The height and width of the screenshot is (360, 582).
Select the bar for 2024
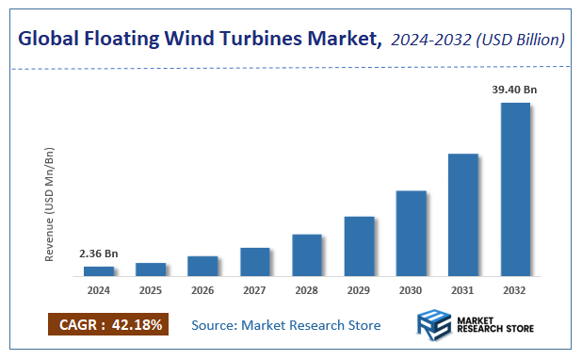[99, 271]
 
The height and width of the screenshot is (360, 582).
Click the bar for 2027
[255, 262]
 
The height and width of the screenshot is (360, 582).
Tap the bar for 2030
[411, 234]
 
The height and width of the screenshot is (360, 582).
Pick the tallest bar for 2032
[515, 189]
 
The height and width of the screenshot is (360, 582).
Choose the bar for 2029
[359, 246]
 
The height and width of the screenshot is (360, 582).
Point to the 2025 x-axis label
[151, 291]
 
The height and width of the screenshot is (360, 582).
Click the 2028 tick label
[307, 291]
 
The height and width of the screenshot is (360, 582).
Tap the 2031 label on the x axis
[462, 291]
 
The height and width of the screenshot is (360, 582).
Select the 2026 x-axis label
[202, 291]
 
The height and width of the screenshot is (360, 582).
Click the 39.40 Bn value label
[514, 90]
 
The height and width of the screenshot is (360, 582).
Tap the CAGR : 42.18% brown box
[107, 325]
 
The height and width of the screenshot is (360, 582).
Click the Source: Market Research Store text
[286, 325]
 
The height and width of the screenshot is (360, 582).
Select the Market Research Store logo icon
[434, 324]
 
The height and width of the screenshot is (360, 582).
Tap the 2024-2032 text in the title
[429, 40]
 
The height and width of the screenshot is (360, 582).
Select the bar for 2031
[462, 215]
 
